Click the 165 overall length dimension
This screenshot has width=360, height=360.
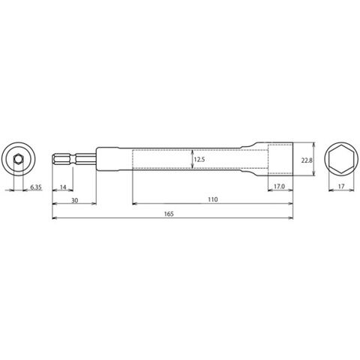point(169,214)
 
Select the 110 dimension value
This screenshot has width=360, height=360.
point(213,199)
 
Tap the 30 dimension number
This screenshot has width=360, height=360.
point(75,200)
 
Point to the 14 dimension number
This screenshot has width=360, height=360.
point(63,187)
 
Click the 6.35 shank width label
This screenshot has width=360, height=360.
point(36,187)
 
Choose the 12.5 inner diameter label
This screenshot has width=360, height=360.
point(199,160)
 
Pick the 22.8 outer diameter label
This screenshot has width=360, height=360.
point(307,160)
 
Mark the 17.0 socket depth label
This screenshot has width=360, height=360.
point(279,187)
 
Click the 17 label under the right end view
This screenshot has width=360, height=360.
point(341,186)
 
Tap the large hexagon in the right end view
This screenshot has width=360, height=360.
point(341,159)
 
